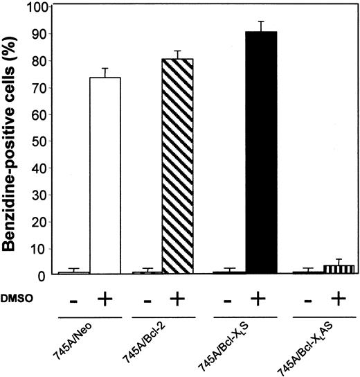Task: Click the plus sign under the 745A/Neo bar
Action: tap(106, 298)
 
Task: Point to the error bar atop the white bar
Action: tap(105, 72)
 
